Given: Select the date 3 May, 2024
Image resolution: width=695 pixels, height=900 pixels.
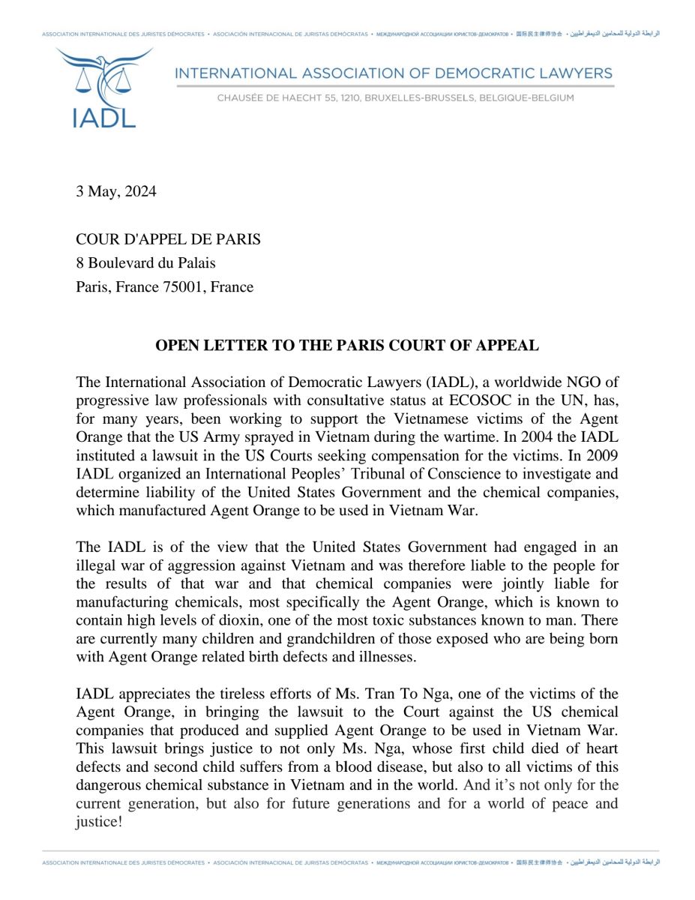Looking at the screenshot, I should pyautogui.click(x=116, y=191).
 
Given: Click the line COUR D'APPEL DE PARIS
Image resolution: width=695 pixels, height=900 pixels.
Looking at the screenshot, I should pyautogui.click(x=169, y=239).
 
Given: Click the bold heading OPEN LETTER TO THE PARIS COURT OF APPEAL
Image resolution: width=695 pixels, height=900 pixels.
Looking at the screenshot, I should pyautogui.click(x=347, y=346).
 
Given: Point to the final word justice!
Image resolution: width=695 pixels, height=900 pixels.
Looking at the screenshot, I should pyautogui.click(x=98, y=820).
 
